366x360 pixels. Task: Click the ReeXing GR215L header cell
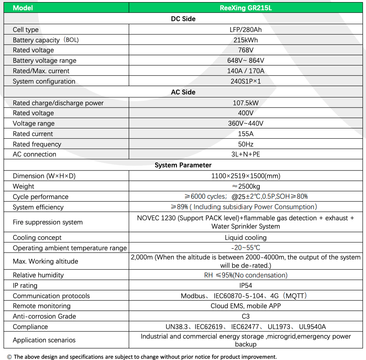coord(246,7)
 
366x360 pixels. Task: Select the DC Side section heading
coord(183,19)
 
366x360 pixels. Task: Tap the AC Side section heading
coord(183,92)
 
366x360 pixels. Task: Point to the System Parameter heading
coord(183,165)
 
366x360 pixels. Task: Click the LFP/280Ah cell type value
coord(246,30)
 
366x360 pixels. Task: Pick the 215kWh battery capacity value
coord(246,40)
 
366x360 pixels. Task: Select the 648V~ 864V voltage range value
coord(246,60)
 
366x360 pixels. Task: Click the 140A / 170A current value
coord(246,71)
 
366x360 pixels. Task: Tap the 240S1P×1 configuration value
coord(246,81)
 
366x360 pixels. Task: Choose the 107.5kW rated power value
coord(246,103)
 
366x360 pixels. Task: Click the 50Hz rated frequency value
coord(246,144)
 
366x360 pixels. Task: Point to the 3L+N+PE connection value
coord(246,154)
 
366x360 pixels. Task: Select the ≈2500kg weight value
coord(246,186)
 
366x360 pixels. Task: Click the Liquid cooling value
coord(246,237)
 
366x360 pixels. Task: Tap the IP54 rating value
coord(246,285)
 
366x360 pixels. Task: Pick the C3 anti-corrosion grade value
coord(246,316)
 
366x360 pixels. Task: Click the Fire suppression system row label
coord(48,222)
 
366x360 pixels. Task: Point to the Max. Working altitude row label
coord(45,261)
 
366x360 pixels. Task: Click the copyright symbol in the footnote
coord(9,357)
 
